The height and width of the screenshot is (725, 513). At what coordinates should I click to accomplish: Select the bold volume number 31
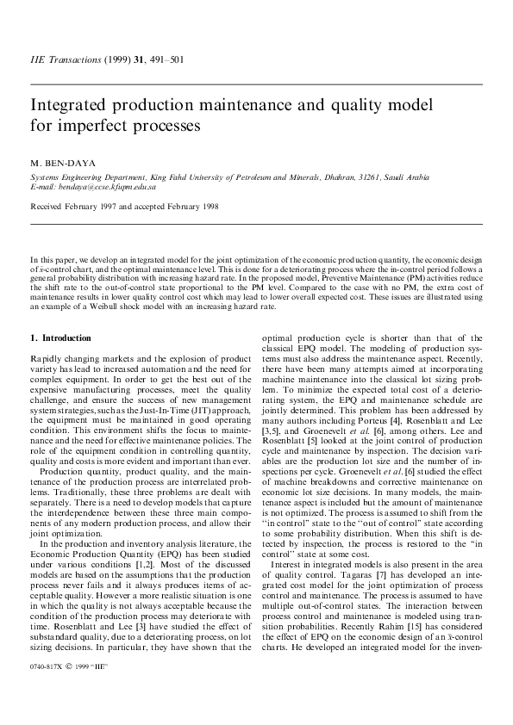148,60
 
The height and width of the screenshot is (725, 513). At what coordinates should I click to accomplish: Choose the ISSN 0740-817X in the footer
46,691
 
